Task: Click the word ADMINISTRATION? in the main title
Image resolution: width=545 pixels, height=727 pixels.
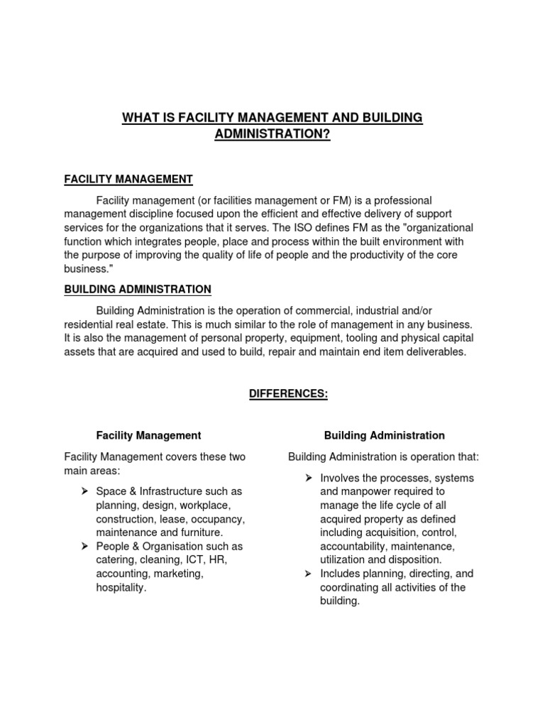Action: point(273,133)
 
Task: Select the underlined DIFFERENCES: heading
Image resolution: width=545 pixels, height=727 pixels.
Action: point(288,394)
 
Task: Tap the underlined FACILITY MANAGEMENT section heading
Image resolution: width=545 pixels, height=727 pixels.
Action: point(128,179)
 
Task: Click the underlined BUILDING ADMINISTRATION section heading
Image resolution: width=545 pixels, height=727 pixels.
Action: point(138,289)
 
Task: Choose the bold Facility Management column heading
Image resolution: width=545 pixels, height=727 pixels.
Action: point(148,435)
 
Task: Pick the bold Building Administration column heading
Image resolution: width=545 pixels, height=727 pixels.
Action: point(384,435)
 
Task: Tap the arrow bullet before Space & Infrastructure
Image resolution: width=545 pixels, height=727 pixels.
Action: point(84,491)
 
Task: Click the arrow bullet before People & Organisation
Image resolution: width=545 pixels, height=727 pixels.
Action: point(84,546)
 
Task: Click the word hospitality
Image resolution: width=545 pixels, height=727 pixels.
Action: point(121,587)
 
